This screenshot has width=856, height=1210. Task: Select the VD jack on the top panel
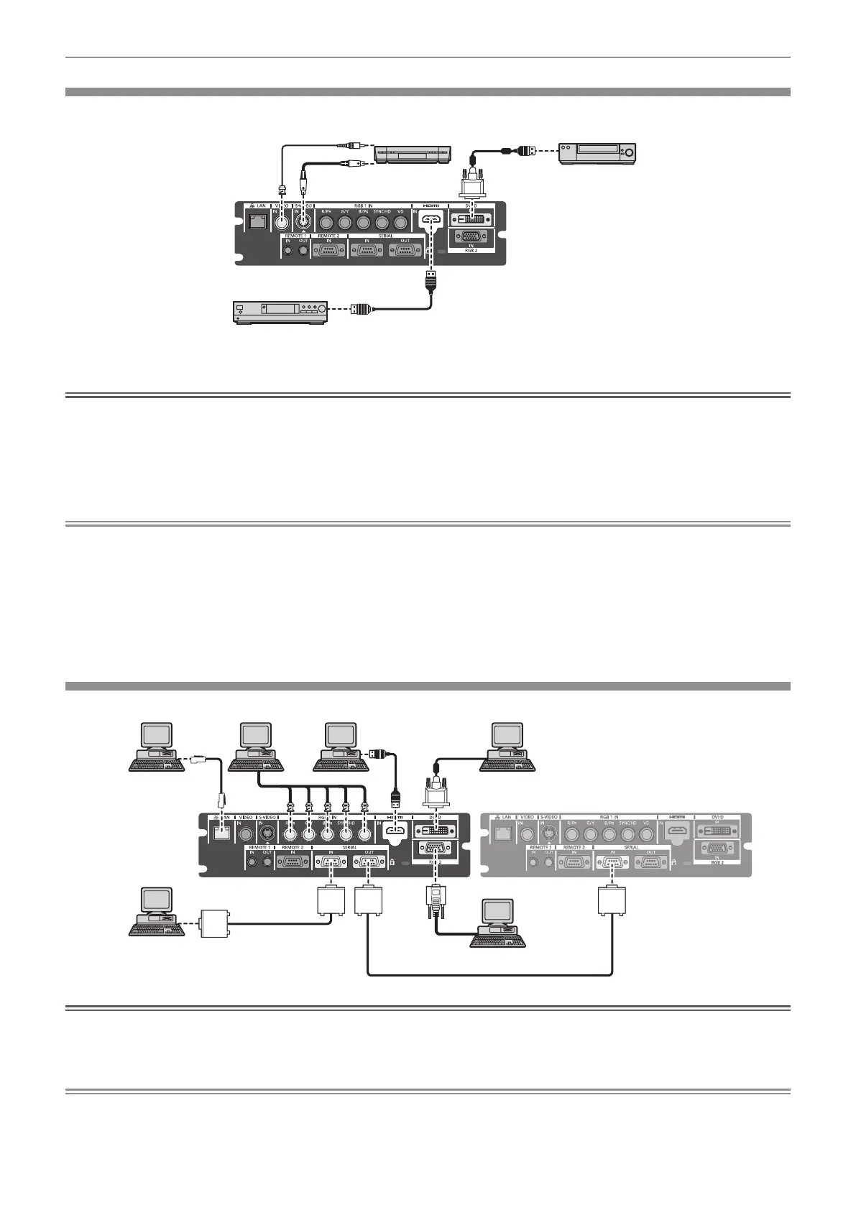(400, 222)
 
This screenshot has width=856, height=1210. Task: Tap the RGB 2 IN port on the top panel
(471, 239)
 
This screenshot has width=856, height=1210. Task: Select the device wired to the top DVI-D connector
(598, 152)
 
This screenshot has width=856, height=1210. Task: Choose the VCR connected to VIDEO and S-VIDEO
(412, 153)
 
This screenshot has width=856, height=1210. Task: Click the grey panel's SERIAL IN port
(612, 862)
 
